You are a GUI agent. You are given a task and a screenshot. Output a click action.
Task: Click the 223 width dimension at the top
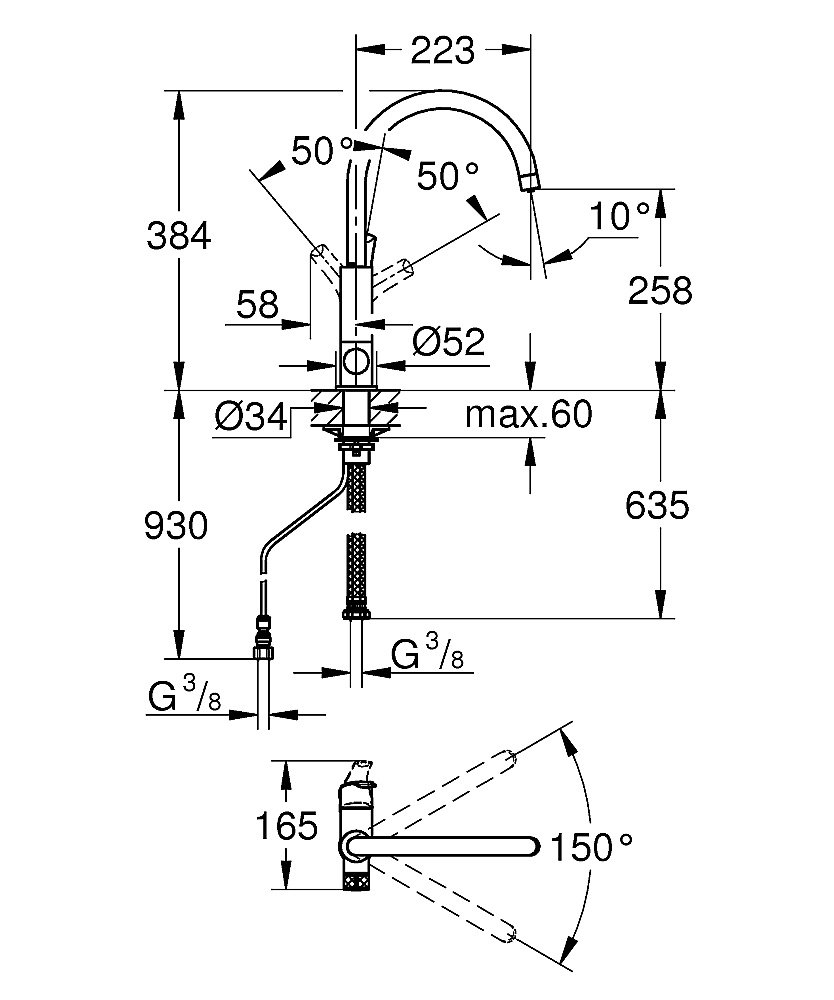point(443,50)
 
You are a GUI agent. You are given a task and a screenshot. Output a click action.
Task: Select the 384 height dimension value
point(179,235)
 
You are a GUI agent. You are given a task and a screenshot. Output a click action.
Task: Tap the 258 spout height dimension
point(660,290)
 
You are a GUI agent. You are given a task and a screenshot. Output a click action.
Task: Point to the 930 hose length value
point(176,526)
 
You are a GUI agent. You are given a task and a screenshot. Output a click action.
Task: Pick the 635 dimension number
point(657,505)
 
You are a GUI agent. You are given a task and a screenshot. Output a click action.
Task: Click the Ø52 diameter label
point(448,342)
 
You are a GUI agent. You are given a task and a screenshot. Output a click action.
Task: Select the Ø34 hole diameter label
point(251,418)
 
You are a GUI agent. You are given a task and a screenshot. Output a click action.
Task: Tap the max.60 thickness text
point(529,414)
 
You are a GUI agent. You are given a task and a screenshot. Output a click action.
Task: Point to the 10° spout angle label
point(620,216)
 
